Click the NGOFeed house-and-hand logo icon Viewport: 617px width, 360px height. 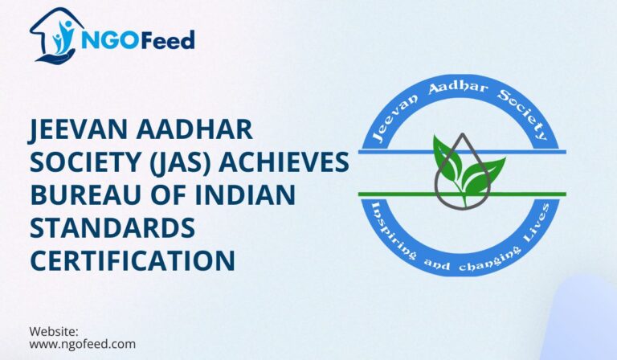[x=54, y=35]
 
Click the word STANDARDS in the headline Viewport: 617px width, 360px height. [x=112, y=228]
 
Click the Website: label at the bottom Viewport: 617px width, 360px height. [x=53, y=331]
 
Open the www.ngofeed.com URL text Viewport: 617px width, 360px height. [x=82, y=344]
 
